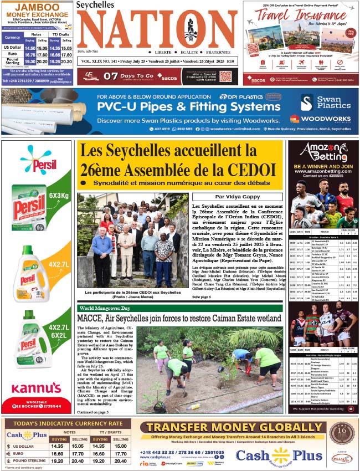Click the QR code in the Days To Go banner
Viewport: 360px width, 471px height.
pyautogui.click(x=225, y=76)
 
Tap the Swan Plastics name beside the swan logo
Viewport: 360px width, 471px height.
pyautogui.click(x=333, y=102)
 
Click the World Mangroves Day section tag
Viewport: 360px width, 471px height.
pyautogui.click(x=105, y=308)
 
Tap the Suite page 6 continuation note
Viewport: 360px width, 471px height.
pyautogui.click(x=203, y=297)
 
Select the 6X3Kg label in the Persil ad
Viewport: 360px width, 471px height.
pyautogui.click(x=58, y=196)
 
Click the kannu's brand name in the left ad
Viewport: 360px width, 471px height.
pyautogui.click(x=37, y=388)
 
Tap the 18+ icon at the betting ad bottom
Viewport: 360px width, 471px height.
pyautogui.click(x=350, y=409)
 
